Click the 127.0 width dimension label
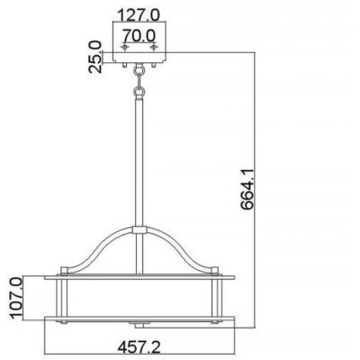click(139, 14)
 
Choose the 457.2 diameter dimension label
click(138, 344)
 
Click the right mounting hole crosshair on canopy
click(154, 45)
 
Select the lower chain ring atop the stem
click(139, 91)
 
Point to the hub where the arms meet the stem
click(139, 231)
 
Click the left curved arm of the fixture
click(99, 247)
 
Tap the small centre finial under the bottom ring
click(139, 322)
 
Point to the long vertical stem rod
click(139, 162)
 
